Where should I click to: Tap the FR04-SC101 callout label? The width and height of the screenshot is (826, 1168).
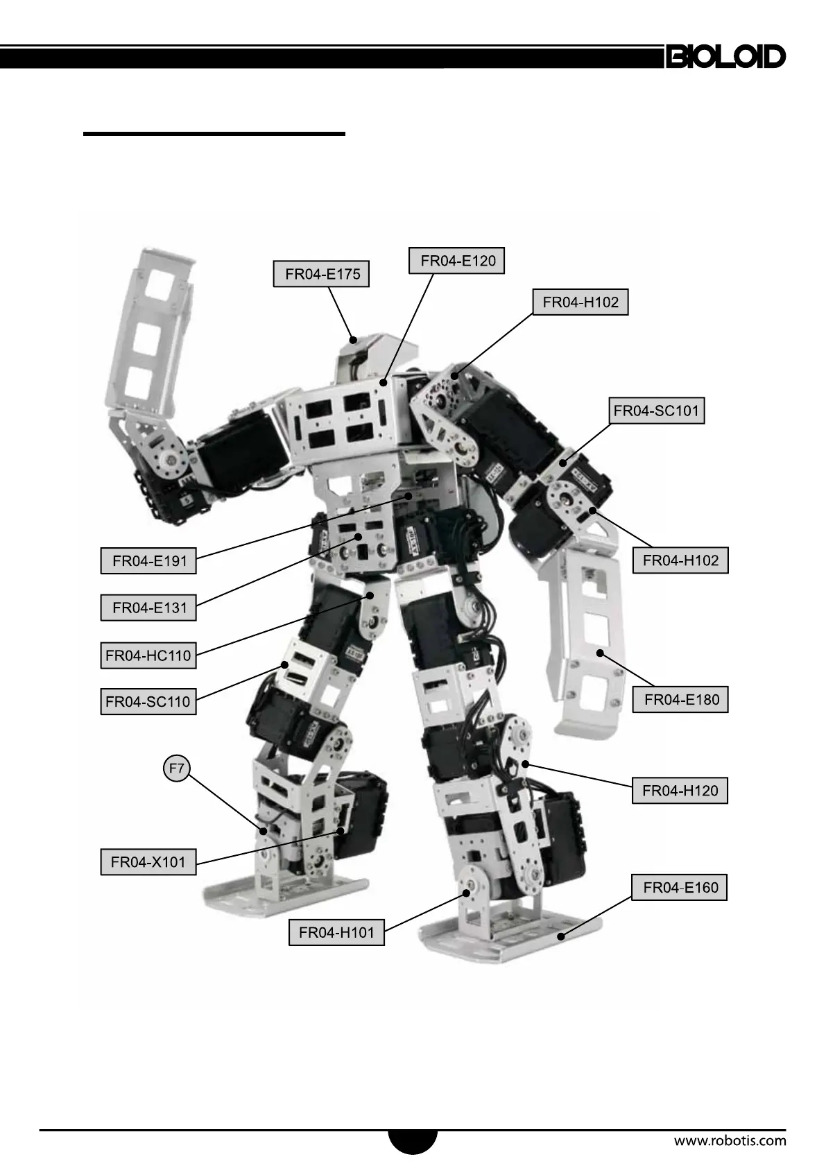click(x=657, y=411)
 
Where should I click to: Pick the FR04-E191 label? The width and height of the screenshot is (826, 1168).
click(x=148, y=561)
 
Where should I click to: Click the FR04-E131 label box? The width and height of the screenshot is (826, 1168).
click(x=148, y=608)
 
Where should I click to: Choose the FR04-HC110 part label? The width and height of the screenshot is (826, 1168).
click(x=148, y=655)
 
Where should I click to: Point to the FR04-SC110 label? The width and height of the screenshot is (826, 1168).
click(x=148, y=701)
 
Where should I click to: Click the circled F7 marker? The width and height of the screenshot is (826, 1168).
click(x=177, y=768)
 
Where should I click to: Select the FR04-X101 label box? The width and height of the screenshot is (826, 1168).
click(x=148, y=863)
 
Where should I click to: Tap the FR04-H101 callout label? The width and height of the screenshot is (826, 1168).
click(x=336, y=933)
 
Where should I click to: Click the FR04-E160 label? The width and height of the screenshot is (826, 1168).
click(x=680, y=888)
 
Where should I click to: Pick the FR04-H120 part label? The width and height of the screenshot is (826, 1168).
click(x=680, y=791)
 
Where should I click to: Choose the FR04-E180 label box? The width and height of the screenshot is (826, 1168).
click(x=680, y=700)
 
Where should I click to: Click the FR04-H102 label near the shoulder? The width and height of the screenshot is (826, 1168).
click(x=580, y=302)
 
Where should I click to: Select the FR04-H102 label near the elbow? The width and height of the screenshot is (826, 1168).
click(x=680, y=560)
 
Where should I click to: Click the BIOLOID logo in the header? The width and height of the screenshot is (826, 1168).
click(x=725, y=57)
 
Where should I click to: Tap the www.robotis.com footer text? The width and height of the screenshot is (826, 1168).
click(x=730, y=1140)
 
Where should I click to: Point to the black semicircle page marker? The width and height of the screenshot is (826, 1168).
click(x=413, y=1140)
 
